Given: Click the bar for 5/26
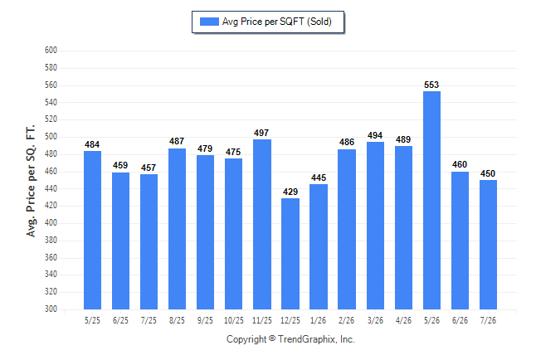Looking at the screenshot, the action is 431,200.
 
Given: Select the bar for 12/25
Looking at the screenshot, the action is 290,254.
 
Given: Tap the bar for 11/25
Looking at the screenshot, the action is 262,224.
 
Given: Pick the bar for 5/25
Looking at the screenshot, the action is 92,230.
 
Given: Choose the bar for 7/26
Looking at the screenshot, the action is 488,245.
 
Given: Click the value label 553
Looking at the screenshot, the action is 431,85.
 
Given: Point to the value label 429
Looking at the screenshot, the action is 290,192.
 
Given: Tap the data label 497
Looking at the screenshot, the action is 261,133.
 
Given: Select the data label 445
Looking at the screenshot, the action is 319,178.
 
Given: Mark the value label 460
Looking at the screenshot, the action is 460,164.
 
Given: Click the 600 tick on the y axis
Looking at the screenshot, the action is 51,51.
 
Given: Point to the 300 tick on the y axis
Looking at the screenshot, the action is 51,309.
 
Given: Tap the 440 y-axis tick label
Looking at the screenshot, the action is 51,188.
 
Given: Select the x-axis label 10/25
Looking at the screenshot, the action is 234,320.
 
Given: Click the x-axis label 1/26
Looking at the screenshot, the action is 319,320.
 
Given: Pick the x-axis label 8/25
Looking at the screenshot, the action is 177,320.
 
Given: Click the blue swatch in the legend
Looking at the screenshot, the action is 209,22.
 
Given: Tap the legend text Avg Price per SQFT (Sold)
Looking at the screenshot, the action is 277,22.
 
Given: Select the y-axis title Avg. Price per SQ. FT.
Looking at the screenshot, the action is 31,181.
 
